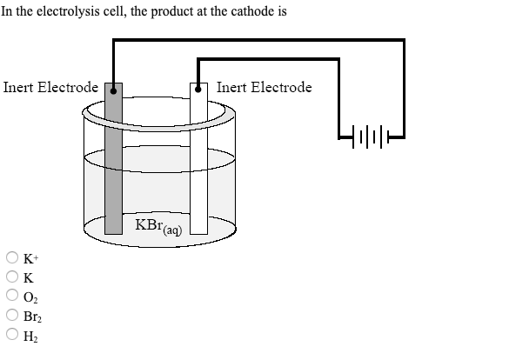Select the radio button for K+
pos(13,258)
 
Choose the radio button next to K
pos(13,277)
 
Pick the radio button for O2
pos(13,297)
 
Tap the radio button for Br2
pos(13,317)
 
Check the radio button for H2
pos(13,336)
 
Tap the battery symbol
pos(370,134)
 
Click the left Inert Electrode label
pos(50,87)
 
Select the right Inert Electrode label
pos(264,87)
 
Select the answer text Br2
pos(31,317)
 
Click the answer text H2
pos(30,337)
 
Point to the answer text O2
pos(30,297)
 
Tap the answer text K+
pos(30,258)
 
